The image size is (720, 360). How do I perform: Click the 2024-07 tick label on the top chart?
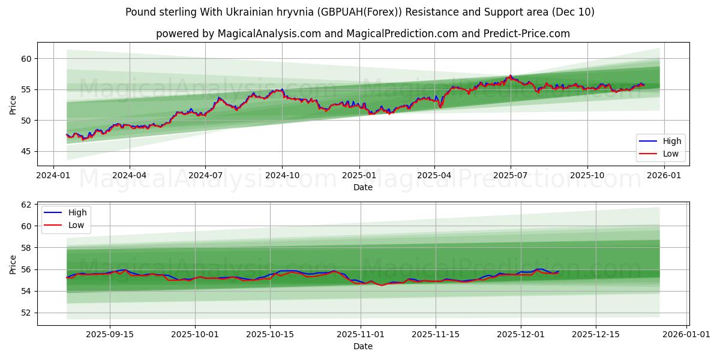(x=205, y=175)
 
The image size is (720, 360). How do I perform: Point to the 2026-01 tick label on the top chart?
(x=664, y=175)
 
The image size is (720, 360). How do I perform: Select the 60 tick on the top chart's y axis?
(x=26, y=59)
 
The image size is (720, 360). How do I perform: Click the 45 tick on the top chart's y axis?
(x=26, y=151)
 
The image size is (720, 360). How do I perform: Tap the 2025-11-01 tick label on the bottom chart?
(x=360, y=335)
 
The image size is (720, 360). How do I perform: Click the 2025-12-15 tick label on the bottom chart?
(x=595, y=335)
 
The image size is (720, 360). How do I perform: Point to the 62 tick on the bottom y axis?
(x=26, y=205)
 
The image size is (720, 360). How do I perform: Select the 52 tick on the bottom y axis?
(x=26, y=313)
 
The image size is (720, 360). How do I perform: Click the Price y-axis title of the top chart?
(x=13, y=104)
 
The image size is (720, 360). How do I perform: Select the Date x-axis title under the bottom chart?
(x=362, y=346)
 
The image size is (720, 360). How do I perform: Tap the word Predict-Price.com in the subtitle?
(x=527, y=34)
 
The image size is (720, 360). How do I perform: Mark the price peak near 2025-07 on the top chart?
(x=510, y=76)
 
